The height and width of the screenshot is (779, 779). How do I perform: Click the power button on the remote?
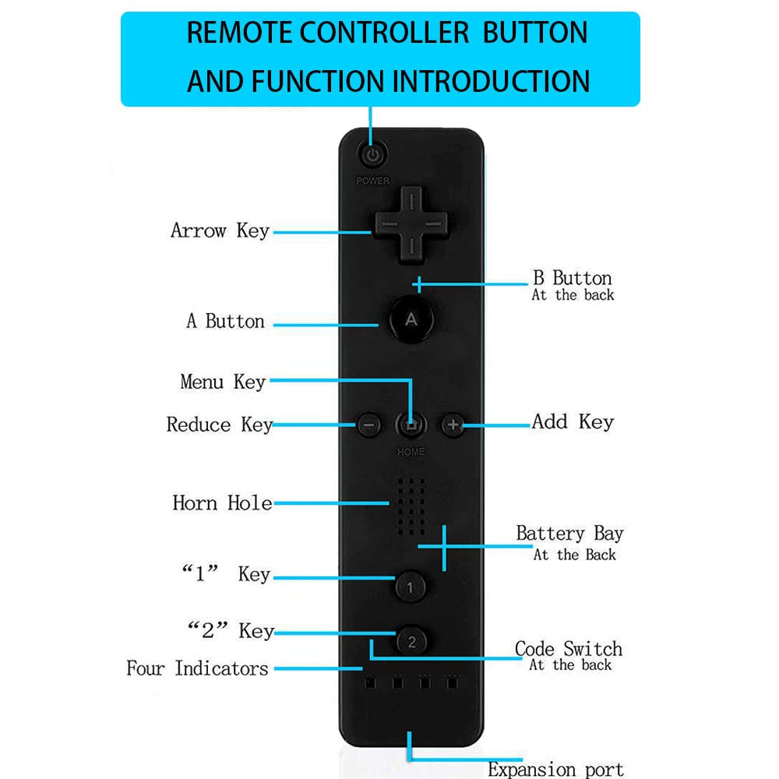tap(373, 154)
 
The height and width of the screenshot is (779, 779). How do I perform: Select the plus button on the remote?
tap(453, 425)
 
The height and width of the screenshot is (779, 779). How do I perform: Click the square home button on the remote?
tap(411, 425)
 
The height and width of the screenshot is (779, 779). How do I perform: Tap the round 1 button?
tap(411, 586)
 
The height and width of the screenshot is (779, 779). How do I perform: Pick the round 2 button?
tap(411, 641)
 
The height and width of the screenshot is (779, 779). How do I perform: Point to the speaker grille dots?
tap(411, 506)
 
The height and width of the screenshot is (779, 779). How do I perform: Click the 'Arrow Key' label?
tap(220, 231)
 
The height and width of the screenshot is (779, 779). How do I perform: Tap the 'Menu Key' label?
tap(223, 382)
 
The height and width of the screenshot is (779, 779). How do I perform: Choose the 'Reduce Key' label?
tap(219, 425)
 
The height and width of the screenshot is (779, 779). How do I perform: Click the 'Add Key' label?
tap(573, 422)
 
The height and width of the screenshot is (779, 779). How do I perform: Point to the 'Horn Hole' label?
tap(222, 502)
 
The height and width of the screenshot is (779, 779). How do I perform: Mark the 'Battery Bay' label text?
tap(569, 534)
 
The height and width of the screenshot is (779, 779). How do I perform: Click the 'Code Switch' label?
tap(568, 649)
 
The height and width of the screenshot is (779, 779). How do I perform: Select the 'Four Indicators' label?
tap(197, 668)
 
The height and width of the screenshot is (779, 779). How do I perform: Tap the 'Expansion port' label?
tap(555, 770)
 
